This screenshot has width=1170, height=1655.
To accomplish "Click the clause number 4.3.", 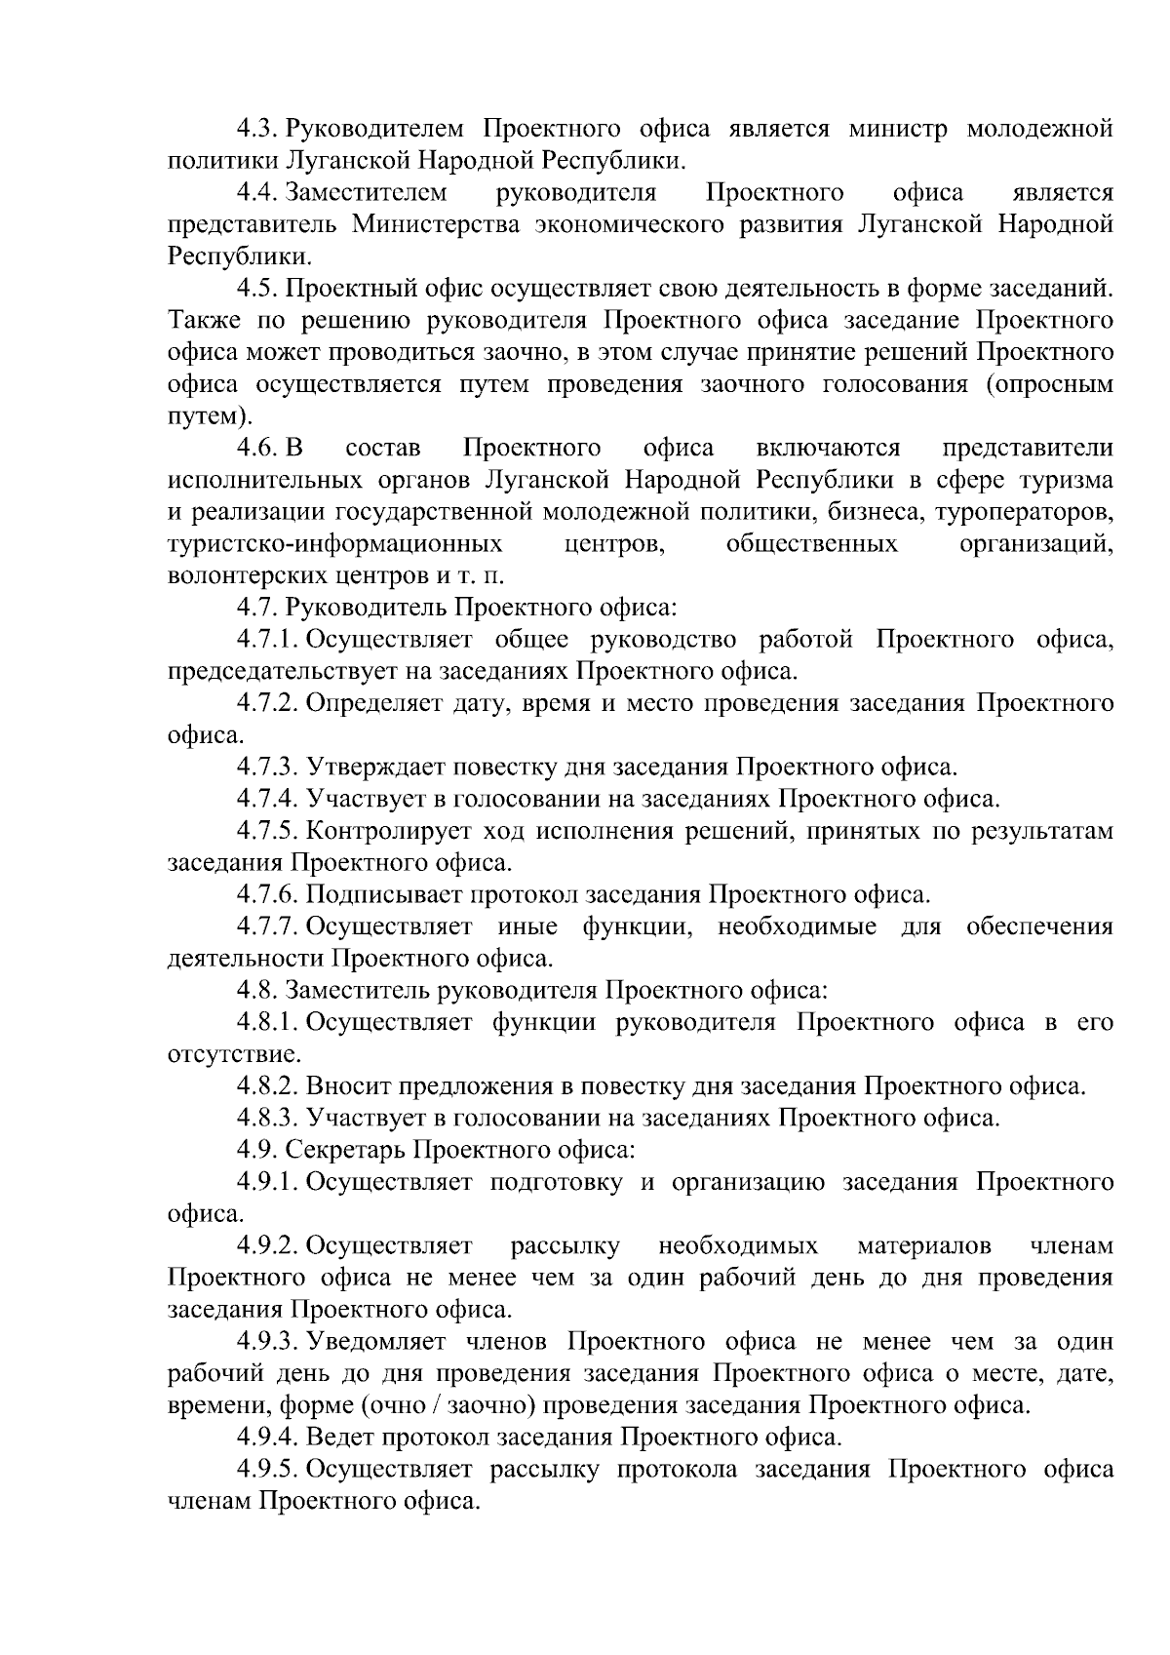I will [x=259, y=129].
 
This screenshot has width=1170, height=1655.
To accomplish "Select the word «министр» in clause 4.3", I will [x=894, y=129].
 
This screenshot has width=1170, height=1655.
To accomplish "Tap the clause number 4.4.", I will [x=259, y=193].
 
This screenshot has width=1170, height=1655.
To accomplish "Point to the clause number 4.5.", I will [x=259, y=290].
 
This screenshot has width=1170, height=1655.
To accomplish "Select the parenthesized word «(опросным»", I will [x=1049, y=385].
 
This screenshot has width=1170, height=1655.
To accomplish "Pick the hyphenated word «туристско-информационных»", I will [x=335, y=544].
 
